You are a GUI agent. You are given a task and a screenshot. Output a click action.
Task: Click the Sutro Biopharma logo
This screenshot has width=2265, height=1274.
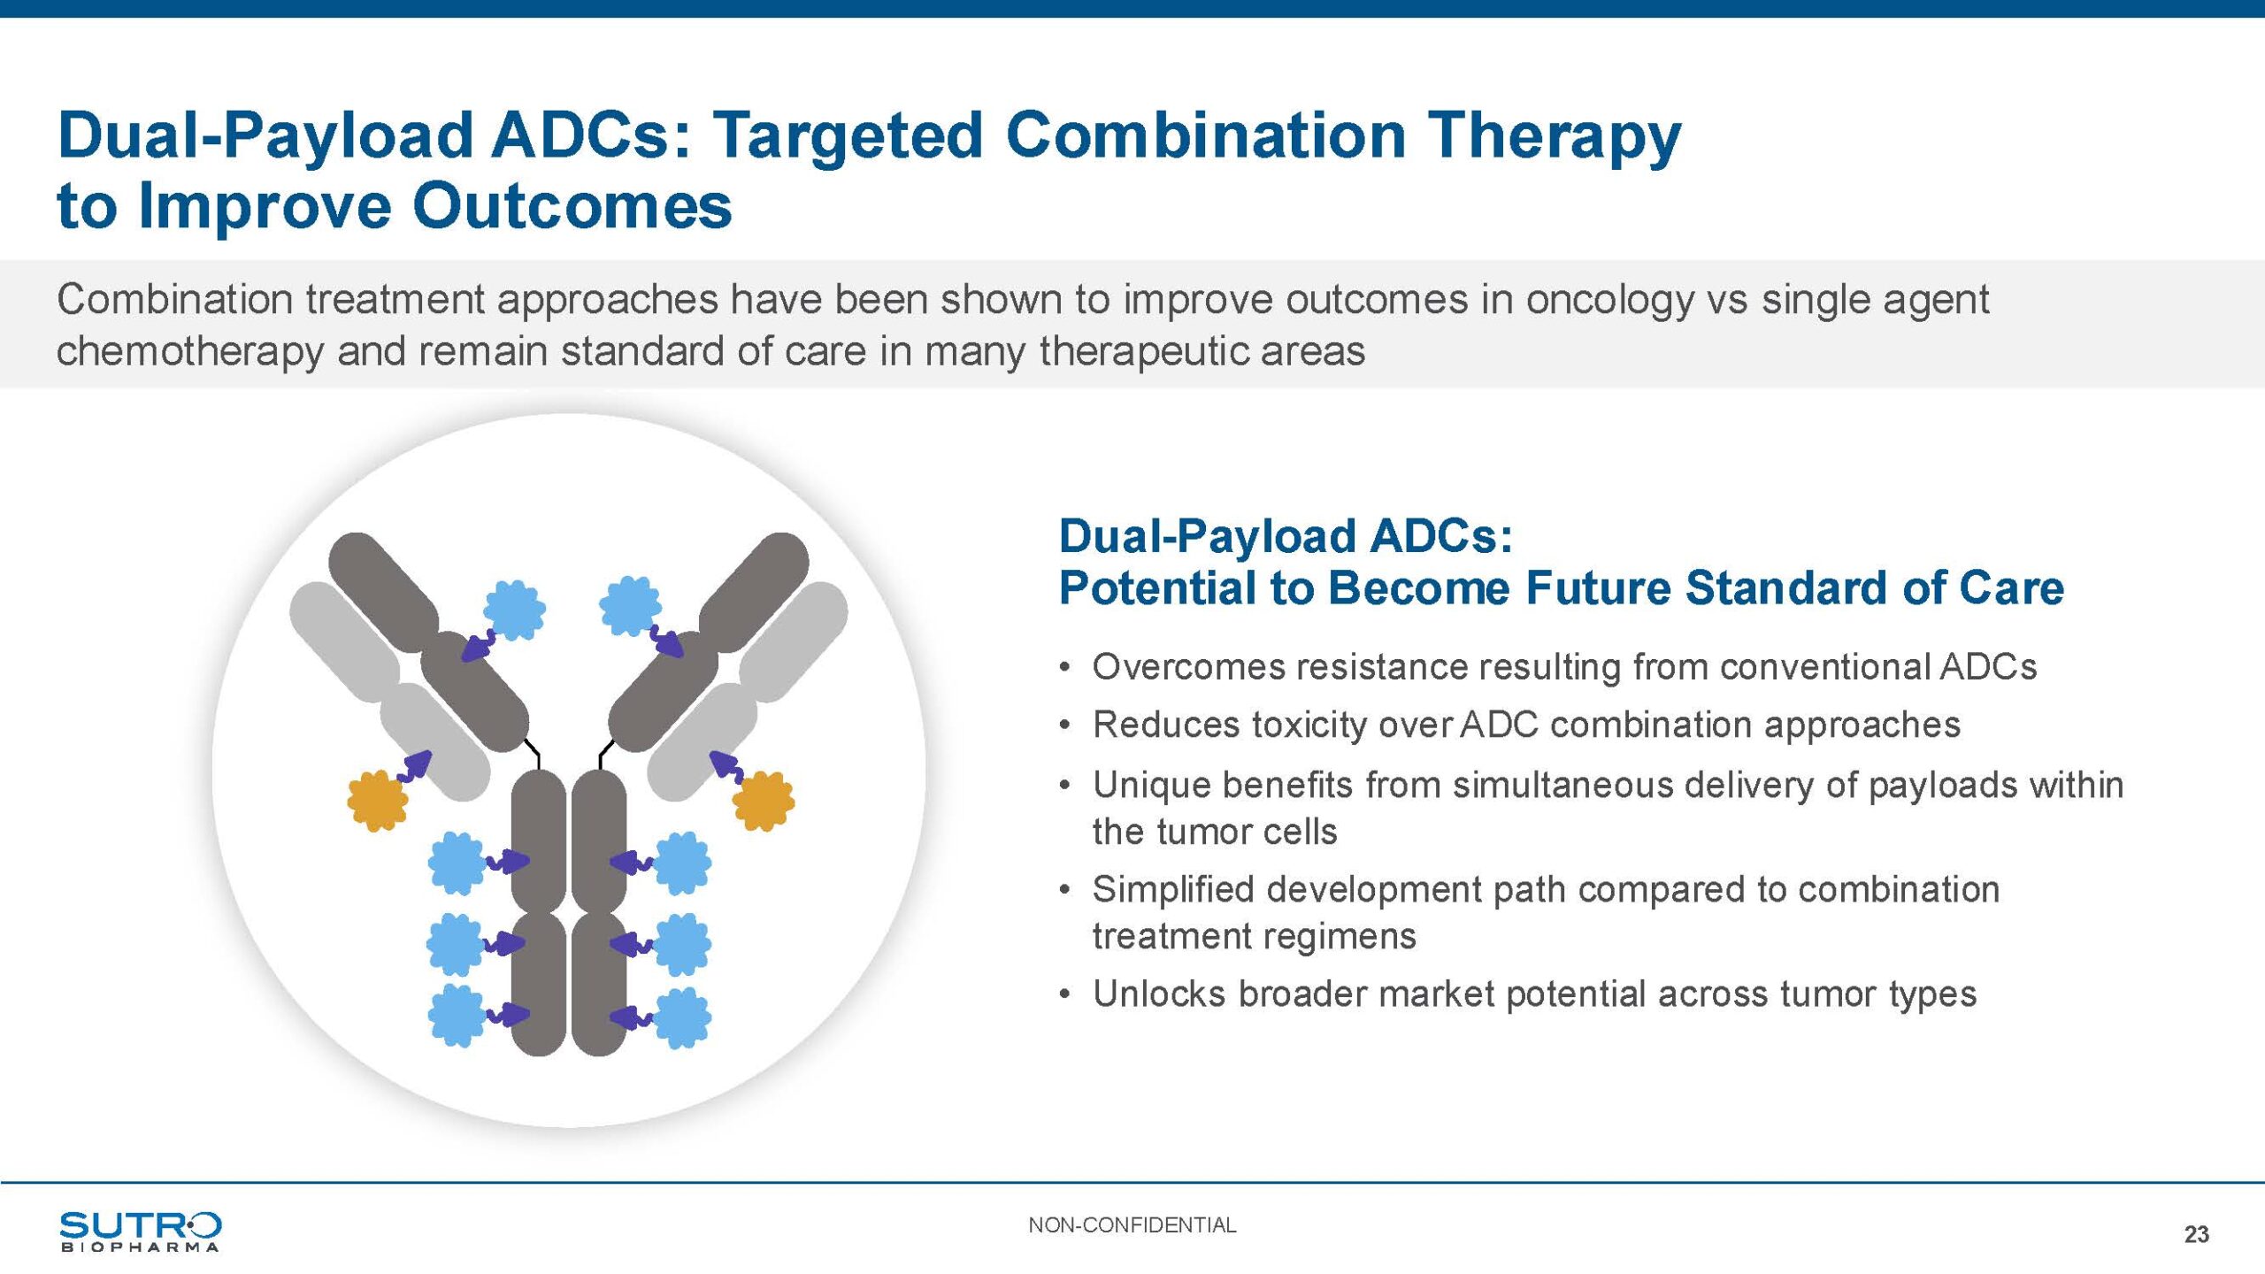tap(140, 1231)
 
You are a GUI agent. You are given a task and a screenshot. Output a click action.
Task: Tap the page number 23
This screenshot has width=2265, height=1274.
tap(2196, 1234)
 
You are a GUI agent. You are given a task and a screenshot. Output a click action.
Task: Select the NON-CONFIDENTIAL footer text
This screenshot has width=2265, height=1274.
tap(1132, 1225)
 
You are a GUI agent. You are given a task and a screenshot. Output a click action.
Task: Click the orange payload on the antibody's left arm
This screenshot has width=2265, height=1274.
tap(378, 801)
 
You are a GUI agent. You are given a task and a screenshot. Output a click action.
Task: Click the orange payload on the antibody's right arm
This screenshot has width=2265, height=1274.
tap(764, 801)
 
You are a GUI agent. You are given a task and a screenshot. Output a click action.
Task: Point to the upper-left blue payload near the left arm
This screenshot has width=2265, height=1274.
tap(514, 610)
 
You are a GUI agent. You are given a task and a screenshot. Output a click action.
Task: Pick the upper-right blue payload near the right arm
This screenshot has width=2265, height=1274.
tap(630, 606)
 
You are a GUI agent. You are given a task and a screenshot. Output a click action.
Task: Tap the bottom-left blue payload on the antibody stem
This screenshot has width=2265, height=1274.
tap(457, 1016)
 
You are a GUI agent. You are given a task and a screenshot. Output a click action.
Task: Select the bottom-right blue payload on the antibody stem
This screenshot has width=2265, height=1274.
tap(682, 1017)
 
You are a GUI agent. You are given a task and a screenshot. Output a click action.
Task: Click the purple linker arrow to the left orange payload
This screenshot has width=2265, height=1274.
tap(414, 766)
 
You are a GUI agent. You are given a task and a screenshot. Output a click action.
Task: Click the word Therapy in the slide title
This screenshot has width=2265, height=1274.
tap(1555, 137)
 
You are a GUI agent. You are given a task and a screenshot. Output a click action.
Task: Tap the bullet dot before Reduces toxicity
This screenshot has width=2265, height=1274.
tap(1065, 726)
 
